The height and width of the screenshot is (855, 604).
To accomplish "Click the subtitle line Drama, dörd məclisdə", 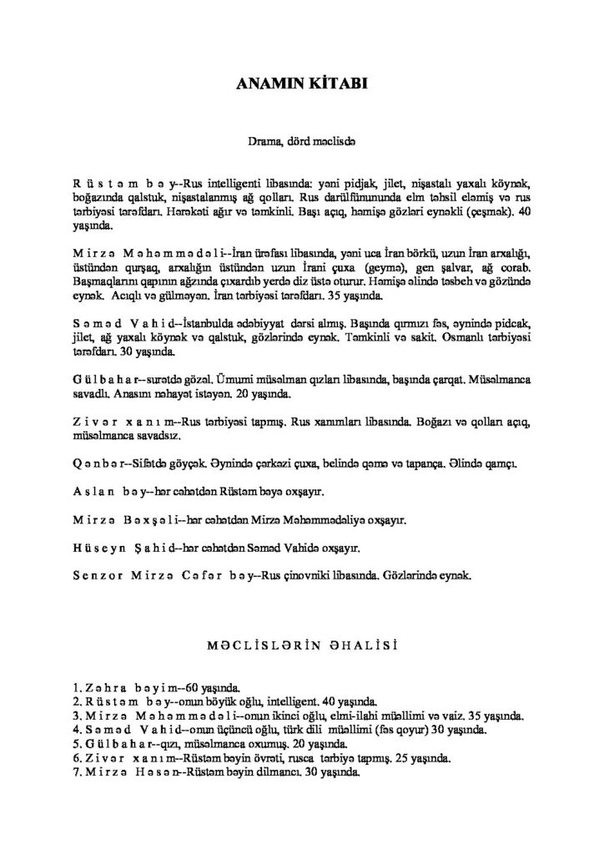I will click(301, 142).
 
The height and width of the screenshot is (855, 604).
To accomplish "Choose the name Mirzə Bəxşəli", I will click(128, 519).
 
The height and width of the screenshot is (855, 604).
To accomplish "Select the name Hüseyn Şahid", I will click(126, 548).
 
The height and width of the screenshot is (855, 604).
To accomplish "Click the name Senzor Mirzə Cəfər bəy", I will click(162, 576).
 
